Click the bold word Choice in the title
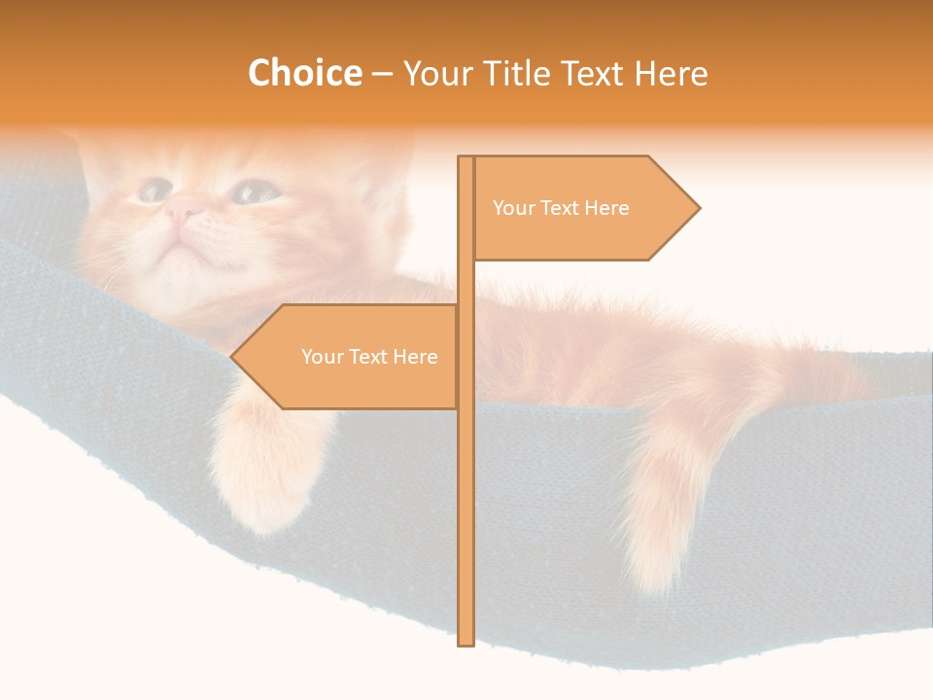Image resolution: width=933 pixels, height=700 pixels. (x=304, y=73)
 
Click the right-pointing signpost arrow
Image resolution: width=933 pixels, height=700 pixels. (x=583, y=208)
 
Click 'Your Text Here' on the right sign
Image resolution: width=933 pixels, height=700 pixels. (x=561, y=208)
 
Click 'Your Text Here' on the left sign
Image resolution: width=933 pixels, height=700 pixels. (x=369, y=357)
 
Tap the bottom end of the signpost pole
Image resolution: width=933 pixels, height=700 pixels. (x=466, y=642)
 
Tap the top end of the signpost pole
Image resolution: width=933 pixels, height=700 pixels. (x=466, y=159)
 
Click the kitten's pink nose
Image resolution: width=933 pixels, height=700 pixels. (x=182, y=207)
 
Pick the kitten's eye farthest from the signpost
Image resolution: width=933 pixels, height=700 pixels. (x=154, y=190)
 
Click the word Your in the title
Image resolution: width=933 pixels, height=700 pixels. (x=433, y=73)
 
